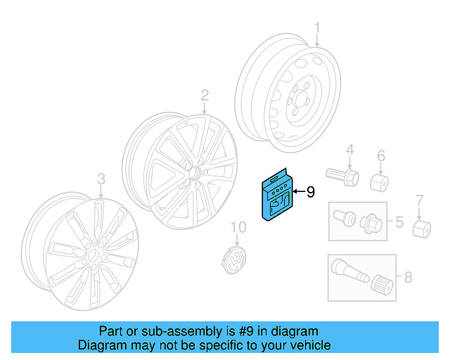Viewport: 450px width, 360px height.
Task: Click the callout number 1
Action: tap(317, 29)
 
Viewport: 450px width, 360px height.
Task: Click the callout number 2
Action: tap(205, 94)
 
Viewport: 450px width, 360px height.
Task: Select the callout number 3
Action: tap(101, 179)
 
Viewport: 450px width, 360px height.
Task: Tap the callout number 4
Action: tap(349, 150)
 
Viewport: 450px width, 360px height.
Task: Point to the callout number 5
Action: tap(398, 223)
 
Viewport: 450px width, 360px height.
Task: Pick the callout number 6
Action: tap(380, 155)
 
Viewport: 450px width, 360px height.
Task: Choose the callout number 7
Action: tap(420, 201)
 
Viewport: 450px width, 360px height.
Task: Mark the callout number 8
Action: tap(408, 277)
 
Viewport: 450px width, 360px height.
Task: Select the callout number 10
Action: tap(239, 227)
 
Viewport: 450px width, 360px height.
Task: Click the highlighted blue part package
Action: tap(276, 195)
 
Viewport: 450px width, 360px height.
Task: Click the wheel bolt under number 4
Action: tap(342, 174)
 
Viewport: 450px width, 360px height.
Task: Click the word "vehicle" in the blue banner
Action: tap(307, 345)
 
